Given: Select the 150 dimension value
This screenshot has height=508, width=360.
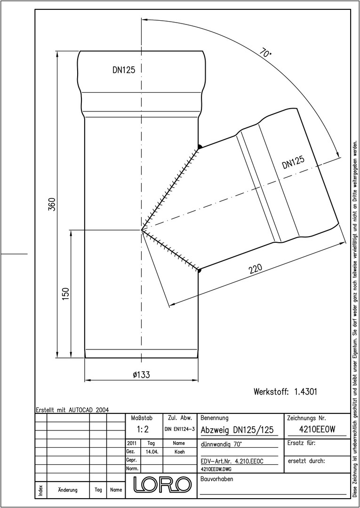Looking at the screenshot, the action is [x=66, y=294].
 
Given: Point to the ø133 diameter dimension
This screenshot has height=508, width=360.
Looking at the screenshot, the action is [x=141, y=375].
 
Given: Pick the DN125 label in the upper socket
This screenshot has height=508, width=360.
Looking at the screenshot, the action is [x=124, y=70].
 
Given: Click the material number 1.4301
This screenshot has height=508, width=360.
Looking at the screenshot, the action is [x=305, y=391].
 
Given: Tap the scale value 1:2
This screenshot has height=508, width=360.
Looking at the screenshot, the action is [x=142, y=429].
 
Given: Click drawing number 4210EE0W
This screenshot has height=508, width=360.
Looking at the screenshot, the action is [x=317, y=429].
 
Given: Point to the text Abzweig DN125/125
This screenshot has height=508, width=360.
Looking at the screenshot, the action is [x=237, y=430].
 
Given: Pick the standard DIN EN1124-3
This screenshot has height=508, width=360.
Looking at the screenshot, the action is [x=180, y=429].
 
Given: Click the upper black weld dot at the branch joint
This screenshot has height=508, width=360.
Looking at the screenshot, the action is [x=200, y=147].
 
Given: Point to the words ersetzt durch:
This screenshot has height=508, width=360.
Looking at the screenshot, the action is [x=306, y=461].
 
